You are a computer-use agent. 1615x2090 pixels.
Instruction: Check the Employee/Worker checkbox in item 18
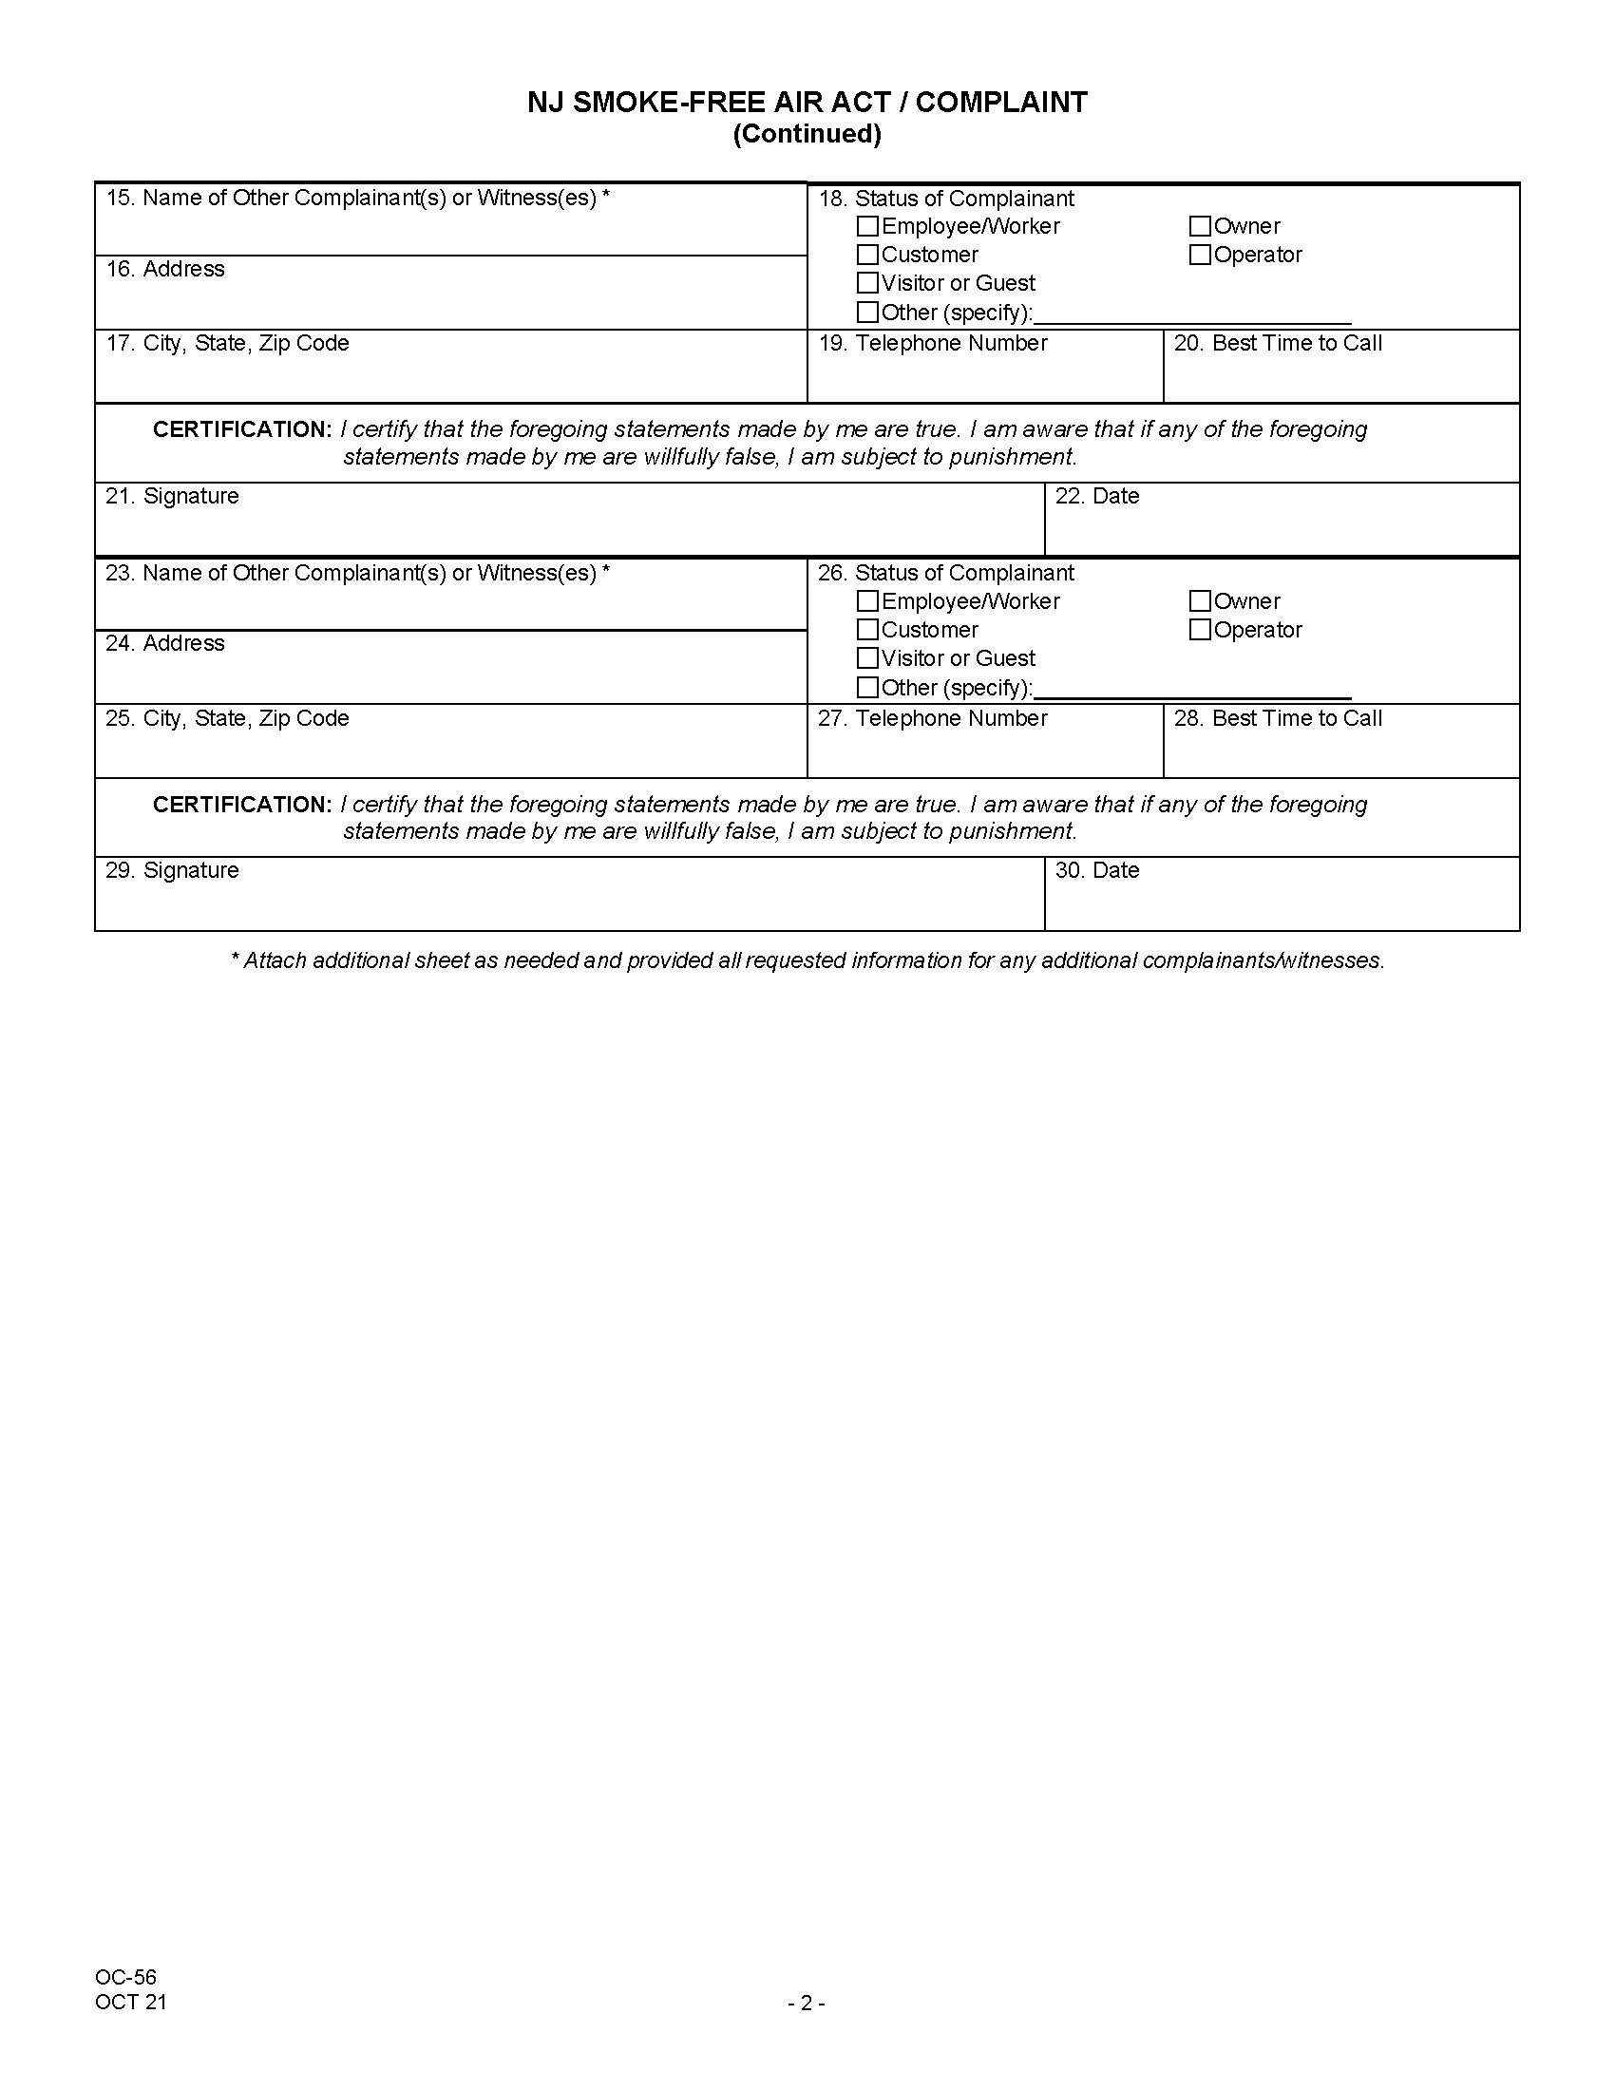pos(866,227)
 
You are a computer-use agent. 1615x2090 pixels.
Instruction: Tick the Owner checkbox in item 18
pos(1200,227)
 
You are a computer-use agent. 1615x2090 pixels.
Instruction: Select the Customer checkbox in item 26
pos(866,630)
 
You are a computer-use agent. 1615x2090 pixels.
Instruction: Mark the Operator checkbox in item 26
pos(1200,630)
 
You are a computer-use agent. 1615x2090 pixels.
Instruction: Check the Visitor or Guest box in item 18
pos(866,283)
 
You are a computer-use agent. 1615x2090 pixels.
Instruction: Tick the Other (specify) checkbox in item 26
pos(866,687)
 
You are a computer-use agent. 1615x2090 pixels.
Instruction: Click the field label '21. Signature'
pos(172,496)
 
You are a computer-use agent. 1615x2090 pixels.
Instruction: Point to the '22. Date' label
pos(1096,496)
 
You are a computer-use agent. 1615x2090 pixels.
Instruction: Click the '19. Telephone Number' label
pos(933,344)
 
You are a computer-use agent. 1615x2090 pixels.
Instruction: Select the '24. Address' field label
pos(164,643)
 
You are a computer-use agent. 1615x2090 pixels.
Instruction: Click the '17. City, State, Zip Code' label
pos(227,344)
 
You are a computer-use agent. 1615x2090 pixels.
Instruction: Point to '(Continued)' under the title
pos(807,134)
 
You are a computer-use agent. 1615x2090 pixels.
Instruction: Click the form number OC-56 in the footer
pos(125,1977)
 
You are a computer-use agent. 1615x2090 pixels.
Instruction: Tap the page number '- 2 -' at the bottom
pos(807,2003)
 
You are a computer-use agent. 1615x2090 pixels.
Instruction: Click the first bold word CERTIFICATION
pos(242,429)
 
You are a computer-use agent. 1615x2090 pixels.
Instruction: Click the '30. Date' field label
pos(1096,871)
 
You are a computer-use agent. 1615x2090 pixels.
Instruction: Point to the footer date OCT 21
pos(131,2002)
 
